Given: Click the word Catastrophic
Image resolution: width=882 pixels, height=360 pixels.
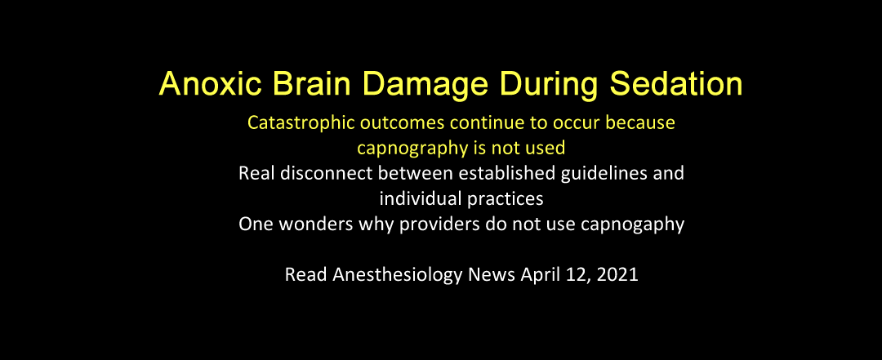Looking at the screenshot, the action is (297, 123).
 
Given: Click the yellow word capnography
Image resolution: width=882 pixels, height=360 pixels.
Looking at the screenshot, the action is (412, 149).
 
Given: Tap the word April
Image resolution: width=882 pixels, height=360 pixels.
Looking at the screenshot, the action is (538, 276).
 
